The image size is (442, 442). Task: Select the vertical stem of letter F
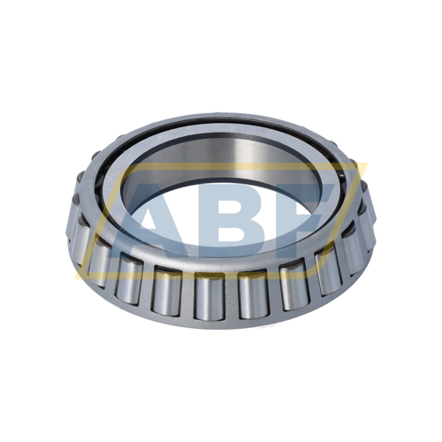296,234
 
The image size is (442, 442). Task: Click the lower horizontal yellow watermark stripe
221,273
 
